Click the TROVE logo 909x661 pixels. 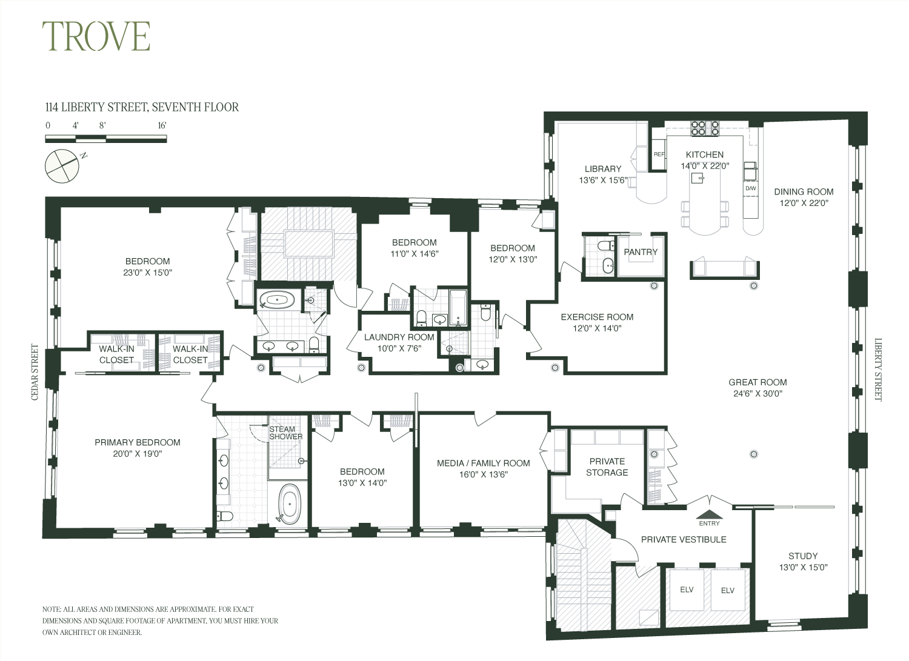coord(96,36)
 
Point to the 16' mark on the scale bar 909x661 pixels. coord(161,126)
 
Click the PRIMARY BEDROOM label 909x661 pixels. coord(138,442)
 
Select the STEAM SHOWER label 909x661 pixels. coord(285,433)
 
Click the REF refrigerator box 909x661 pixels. coord(659,154)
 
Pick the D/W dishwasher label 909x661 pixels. coord(750,188)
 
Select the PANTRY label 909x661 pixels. coord(641,252)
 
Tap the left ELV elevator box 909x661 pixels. coord(686,590)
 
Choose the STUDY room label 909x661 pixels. coord(803,556)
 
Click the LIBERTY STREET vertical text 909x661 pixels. coord(878,370)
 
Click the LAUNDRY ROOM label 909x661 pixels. coord(399,337)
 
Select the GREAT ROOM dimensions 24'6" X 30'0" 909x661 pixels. coord(757,393)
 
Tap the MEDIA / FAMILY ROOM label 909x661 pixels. coord(483,463)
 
